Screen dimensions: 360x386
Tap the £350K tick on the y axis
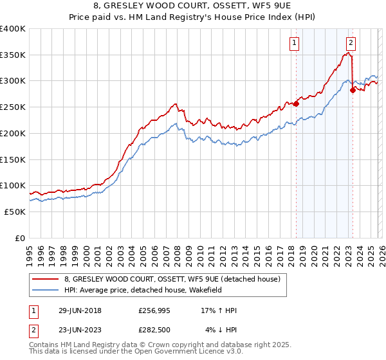(x=13, y=55)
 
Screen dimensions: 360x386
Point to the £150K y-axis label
(x=13, y=159)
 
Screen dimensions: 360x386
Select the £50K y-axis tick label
(x=15, y=212)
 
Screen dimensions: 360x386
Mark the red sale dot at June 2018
(x=296, y=104)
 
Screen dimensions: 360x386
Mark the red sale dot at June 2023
(x=353, y=90)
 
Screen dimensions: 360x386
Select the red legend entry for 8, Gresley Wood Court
(x=171, y=279)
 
